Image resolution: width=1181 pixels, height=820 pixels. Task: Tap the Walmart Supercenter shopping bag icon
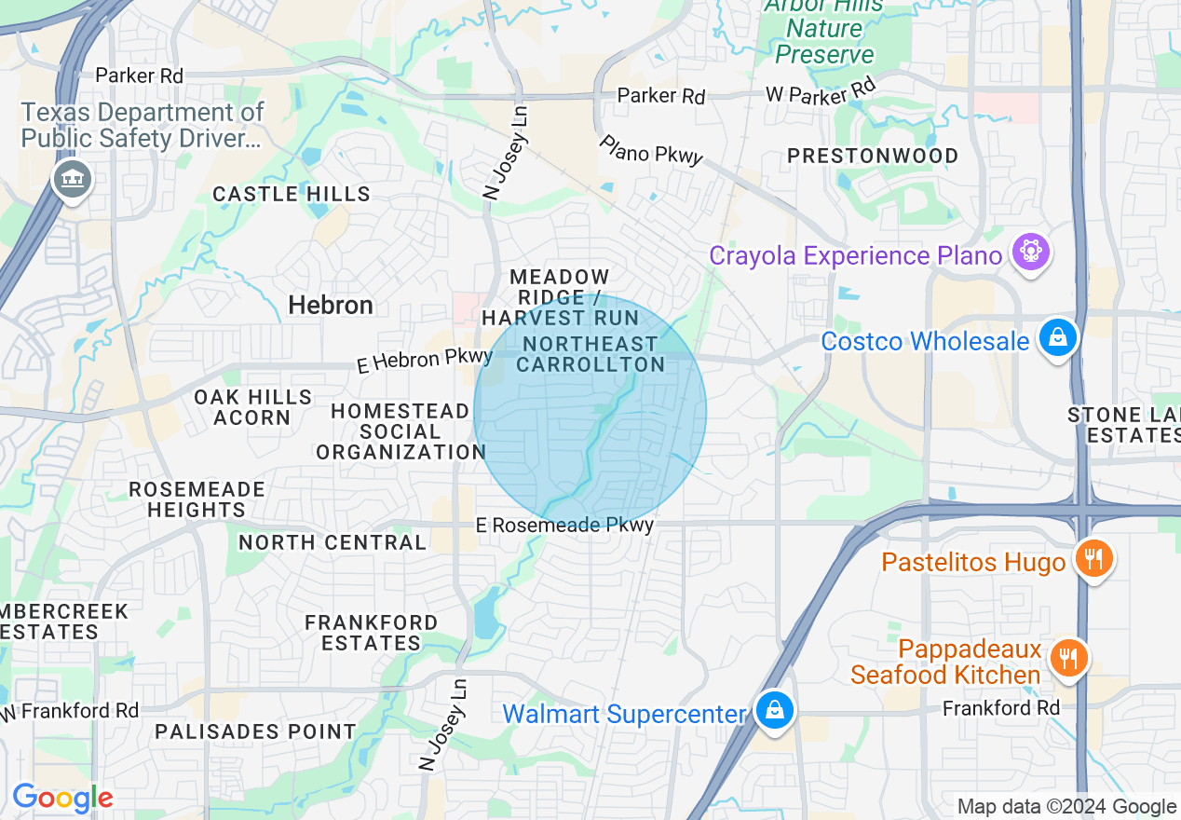click(773, 711)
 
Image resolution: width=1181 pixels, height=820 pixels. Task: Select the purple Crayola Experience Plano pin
click(1030, 252)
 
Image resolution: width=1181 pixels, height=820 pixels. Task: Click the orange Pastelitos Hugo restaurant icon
click(1093, 559)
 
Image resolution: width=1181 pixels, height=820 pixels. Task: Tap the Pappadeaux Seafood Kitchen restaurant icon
click(1068, 658)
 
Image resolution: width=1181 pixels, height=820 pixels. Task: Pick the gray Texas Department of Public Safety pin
click(72, 177)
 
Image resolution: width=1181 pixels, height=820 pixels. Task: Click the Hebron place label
click(331, 306)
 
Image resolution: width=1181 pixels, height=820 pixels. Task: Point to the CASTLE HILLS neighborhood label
click(292, 194)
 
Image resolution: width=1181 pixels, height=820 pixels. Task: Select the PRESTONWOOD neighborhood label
click(873, 156)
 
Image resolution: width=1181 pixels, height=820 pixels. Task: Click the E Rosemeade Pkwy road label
click(564, 526)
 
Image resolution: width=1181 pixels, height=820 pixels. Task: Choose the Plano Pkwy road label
click(651, 150)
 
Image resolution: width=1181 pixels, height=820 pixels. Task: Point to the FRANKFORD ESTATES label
click(371, 633)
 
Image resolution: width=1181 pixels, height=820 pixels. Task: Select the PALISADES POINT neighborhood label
click(255, 731)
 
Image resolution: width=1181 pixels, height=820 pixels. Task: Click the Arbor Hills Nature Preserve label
click(824, 30)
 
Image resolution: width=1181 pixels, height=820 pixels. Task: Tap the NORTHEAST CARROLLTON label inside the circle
click(590, 354)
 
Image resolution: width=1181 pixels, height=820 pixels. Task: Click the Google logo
click(62, 798)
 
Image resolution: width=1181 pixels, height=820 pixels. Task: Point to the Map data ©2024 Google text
click(1066, 807)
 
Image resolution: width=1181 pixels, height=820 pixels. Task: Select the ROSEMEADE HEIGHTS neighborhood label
click(197, 499)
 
